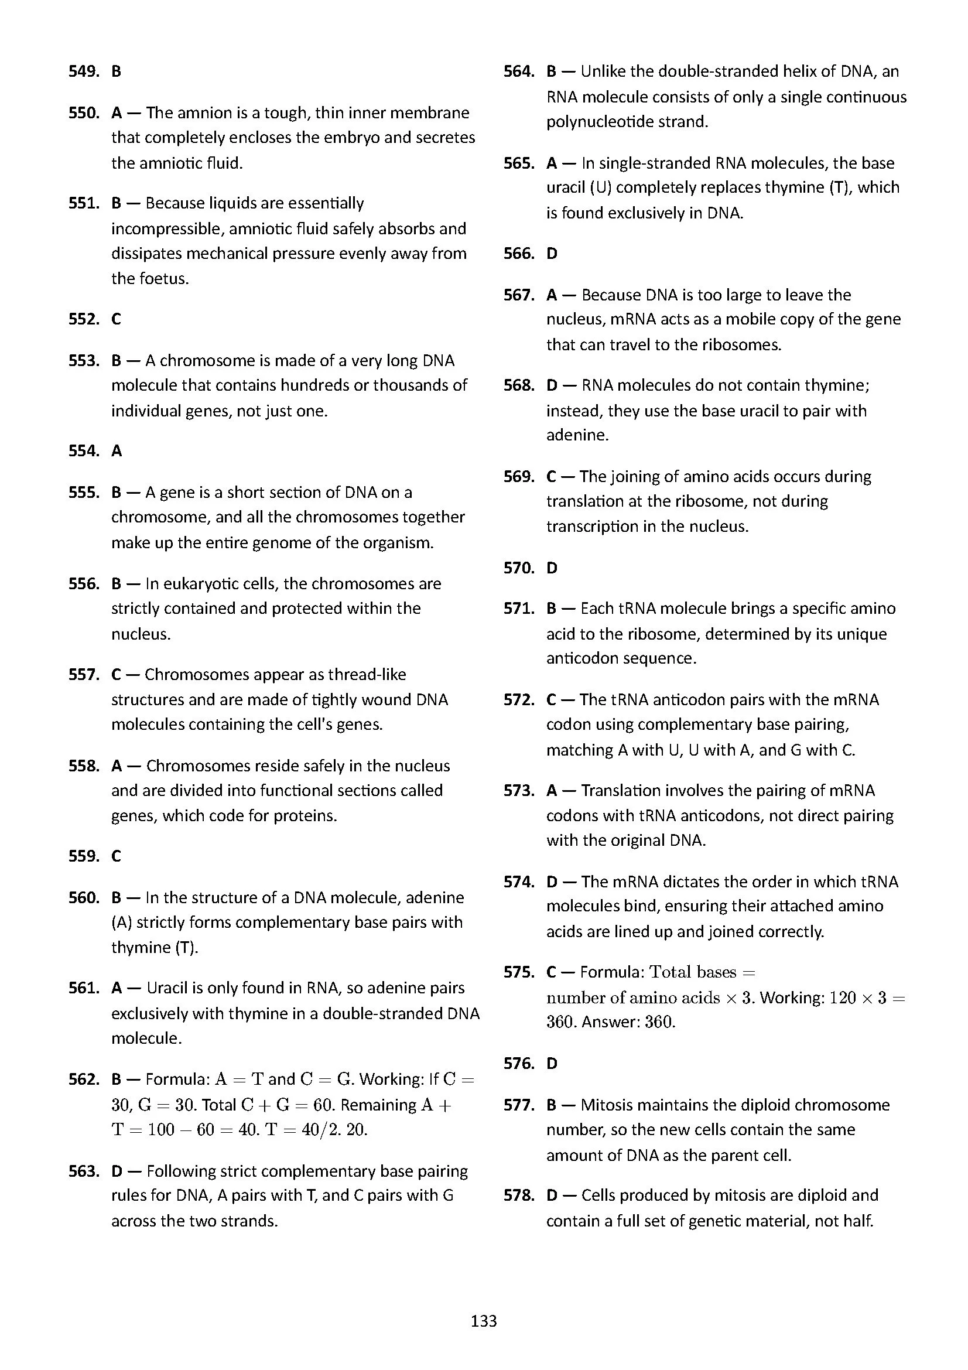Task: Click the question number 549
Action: pyautogui.click(x=84, y=71)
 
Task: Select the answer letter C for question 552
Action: pyautogui.click(x=117, y=319)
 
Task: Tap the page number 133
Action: pyautogui.click(x=484, y=1321)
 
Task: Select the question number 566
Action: pyautogui.click(x=518, y=254)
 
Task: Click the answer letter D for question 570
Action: pyautogui.click(x=552, y=568)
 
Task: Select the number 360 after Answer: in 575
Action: pyautogui.click(x=659, y=1022)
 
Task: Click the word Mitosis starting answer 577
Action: pyautogui.click(x=606, y=1105)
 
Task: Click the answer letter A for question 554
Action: pyautogui.click(x=117, y=451)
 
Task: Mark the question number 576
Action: pyautogui.click(x=518, y=1064)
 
